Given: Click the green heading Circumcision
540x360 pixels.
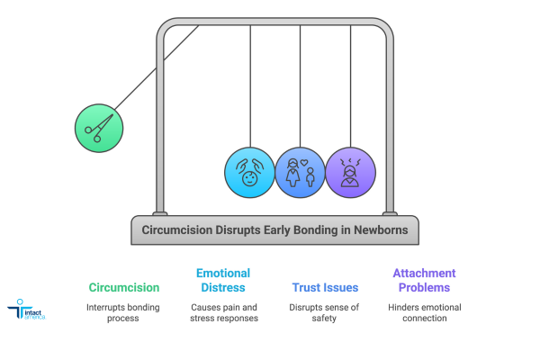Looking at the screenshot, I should point(124,288).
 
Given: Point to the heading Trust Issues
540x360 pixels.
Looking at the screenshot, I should point(325,288).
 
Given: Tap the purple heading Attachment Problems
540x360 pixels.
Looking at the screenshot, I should point(425,280).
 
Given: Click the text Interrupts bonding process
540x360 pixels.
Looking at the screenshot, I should point(124,311).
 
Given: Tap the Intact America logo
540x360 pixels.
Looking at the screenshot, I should point(28,311).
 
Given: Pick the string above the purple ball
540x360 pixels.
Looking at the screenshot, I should point(350,85).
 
